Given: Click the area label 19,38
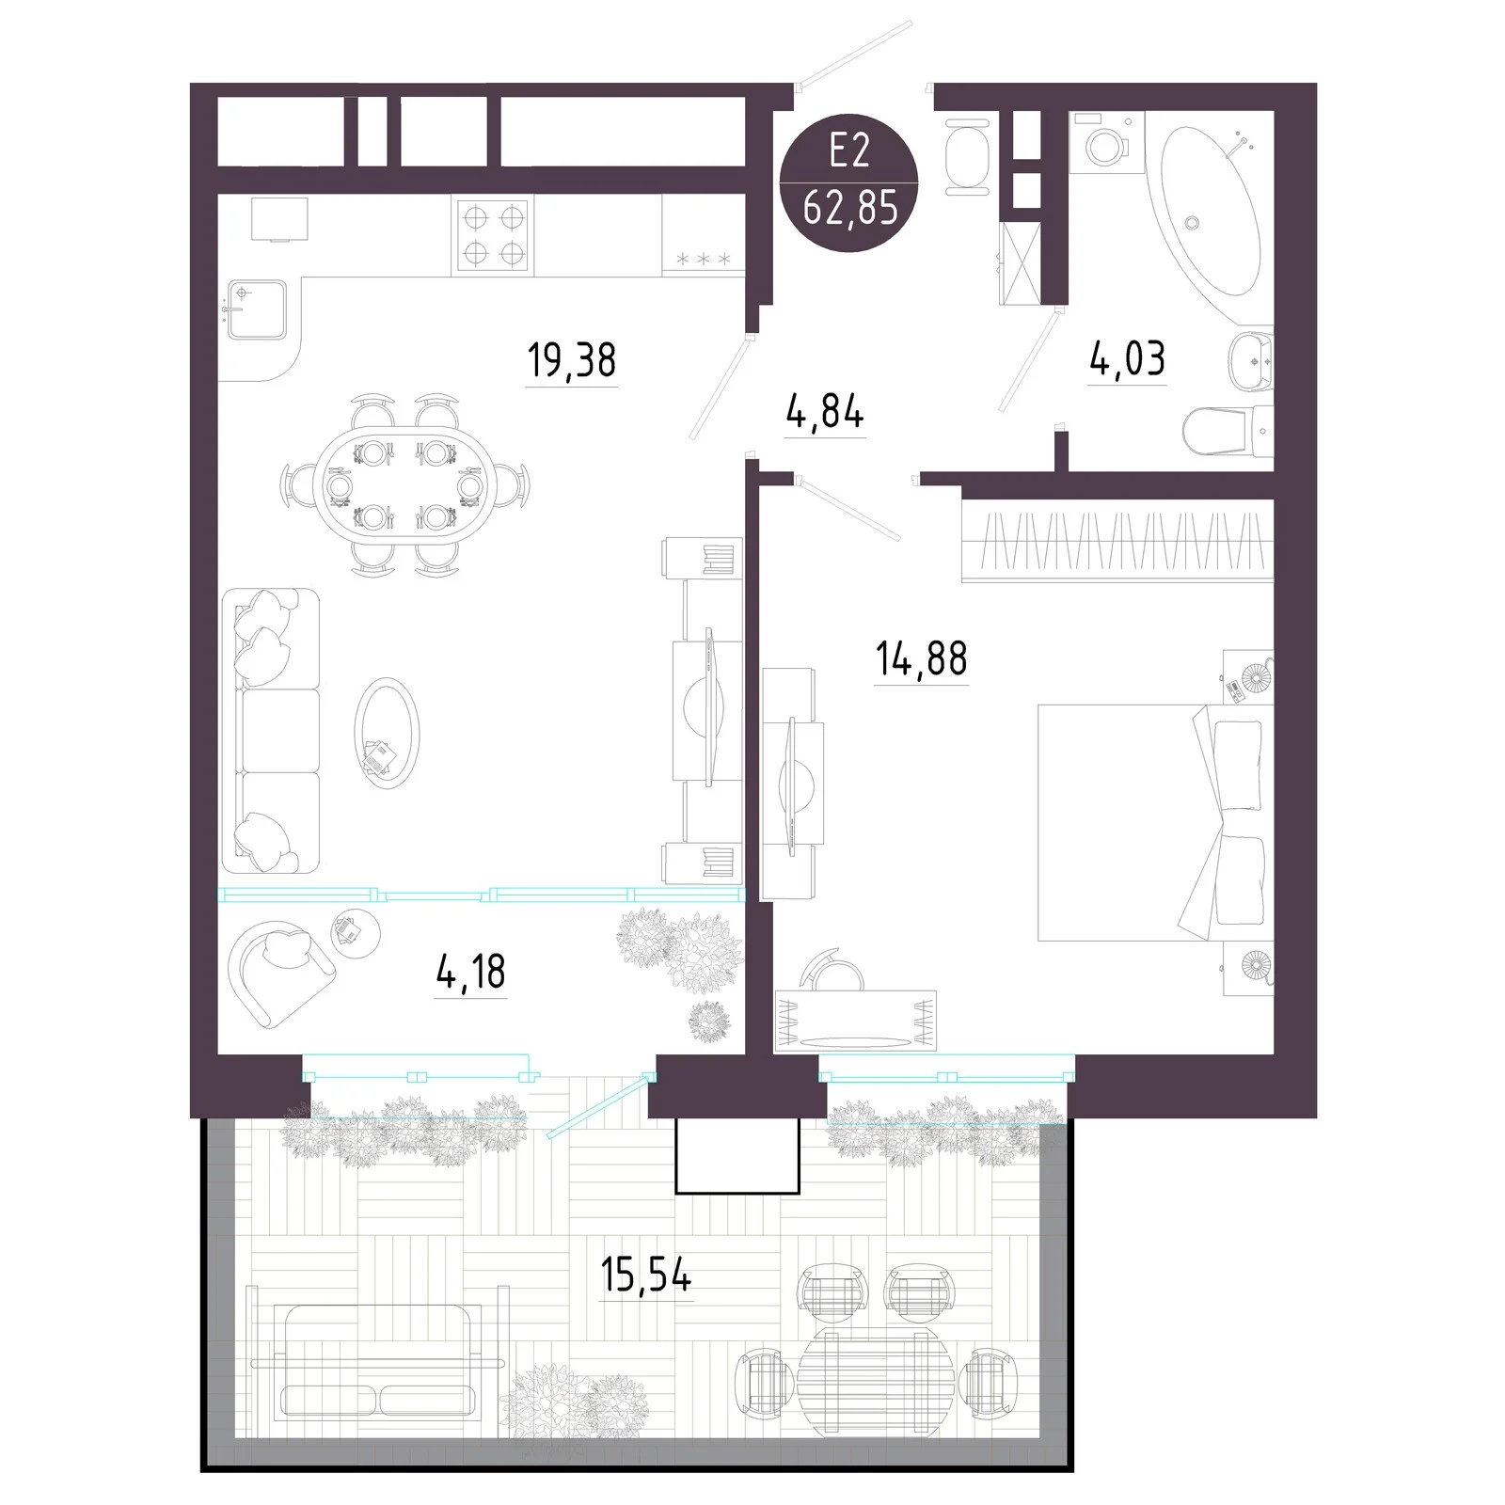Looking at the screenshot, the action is [x=572, y=360].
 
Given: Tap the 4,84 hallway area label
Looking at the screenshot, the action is [x=825, y=412].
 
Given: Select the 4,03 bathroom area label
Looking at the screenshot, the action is [x=1127, y=358].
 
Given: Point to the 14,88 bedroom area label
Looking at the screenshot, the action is [x=921, y=658].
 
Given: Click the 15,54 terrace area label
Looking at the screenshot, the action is [x=646, y=1275].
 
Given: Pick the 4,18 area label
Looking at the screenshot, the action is [x=471, y=971].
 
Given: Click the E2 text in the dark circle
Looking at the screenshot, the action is [x=849, y=150].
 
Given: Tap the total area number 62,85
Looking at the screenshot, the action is [x=850, y=207].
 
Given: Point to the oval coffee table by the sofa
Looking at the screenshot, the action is [x=387, y=733].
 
